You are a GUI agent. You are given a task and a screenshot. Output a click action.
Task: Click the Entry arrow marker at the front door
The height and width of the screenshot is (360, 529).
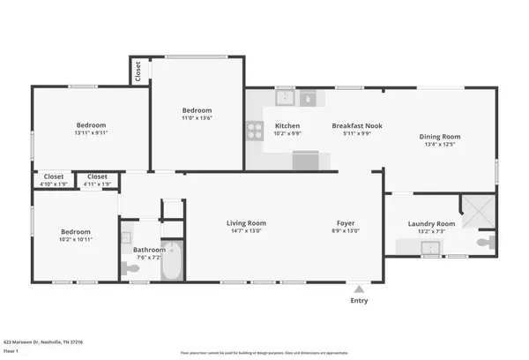pos(358,288)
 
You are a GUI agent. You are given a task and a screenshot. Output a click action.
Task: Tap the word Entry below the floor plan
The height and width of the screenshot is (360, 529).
pos(358,301)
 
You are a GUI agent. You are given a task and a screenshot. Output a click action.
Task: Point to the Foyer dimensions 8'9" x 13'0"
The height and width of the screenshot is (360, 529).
pos(345,231)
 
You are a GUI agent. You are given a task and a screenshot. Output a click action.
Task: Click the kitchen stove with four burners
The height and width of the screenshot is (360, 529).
pos(254,132)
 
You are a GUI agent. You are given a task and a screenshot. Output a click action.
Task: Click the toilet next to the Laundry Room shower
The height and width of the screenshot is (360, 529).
pos(484,241)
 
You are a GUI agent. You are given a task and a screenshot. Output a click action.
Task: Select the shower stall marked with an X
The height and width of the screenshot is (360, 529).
pos(480,210)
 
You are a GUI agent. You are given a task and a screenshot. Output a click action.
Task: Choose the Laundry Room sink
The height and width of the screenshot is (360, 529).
pos(431,248)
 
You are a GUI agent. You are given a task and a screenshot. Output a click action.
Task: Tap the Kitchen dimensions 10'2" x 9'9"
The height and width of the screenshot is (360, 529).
pos(287,134)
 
